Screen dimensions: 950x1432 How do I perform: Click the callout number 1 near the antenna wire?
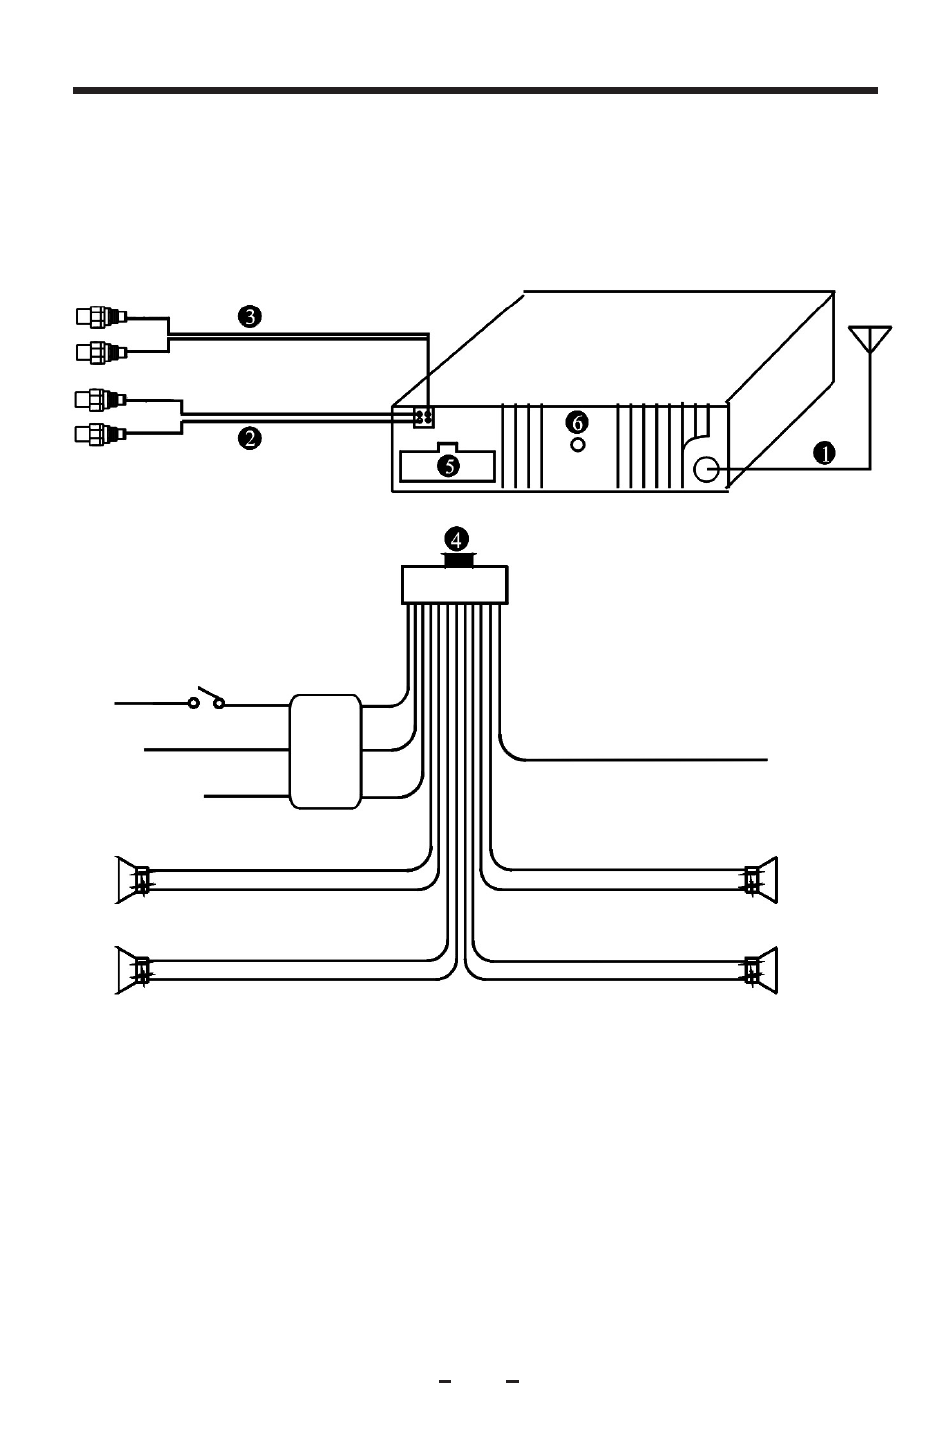(824, 453)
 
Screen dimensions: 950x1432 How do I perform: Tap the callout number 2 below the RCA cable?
(250, 438)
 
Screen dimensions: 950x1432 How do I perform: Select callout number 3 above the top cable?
(250, 316)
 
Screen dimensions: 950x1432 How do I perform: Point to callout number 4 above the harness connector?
(457, 540)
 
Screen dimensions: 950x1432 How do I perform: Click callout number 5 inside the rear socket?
(448, 466)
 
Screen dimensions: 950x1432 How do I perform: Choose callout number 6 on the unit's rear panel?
(577, 422)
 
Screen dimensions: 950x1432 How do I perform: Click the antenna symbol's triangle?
(870, 338)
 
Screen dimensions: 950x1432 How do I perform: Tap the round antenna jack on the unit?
(706, 470)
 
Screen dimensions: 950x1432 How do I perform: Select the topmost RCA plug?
(102, 317)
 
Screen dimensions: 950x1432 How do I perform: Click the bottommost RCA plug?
(101, 434)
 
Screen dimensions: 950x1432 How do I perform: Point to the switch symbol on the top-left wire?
(207, 699)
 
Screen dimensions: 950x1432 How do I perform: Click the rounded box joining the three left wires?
(326, 751)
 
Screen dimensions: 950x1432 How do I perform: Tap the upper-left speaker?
(131, 880)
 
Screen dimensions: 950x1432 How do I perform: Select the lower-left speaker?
(131, 970)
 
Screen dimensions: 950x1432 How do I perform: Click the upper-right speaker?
(761, 880)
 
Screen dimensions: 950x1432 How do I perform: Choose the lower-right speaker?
(761, 970)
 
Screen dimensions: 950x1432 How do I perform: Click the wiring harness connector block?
(455, 584)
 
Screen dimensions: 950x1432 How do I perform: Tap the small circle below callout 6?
(577, 444)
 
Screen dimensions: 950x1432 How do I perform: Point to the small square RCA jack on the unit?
(423, 417)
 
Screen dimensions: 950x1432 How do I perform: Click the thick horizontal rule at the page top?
(475, 91)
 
